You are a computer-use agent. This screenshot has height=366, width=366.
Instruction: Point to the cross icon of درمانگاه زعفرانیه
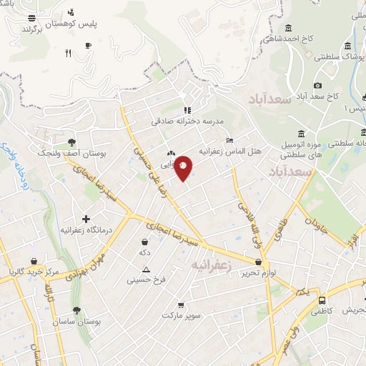[x=86, y=219]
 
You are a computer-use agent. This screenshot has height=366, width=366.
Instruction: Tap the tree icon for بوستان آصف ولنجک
[x=72, y=142]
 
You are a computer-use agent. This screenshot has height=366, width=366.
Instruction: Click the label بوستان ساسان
[x=76, y=322]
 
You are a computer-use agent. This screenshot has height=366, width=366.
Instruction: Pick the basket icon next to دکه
[x=145, y=241]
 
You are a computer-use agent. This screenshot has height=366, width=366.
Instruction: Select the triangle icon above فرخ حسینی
[x=146, y=269]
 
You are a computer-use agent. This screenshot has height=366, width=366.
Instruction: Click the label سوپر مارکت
[x=183, y=315]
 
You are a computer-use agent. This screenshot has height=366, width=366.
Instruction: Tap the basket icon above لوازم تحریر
[x=257, y=262]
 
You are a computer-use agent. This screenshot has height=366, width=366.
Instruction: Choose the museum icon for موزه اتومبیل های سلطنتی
[x=300, y=134]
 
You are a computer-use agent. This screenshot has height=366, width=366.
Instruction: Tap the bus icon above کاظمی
[x=322, y=301]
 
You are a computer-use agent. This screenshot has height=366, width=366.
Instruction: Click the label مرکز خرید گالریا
[x=34, y=272]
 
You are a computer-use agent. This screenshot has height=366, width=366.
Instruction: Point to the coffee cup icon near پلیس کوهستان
[x=88, y=45]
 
